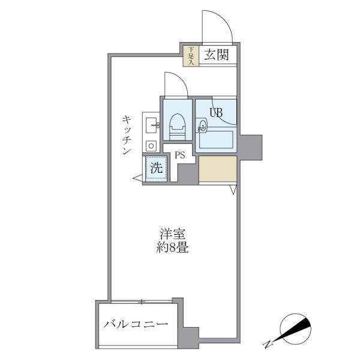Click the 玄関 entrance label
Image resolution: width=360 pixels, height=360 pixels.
215,56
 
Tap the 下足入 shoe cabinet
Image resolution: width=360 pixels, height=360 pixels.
191,55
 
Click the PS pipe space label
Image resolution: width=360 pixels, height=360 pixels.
179,155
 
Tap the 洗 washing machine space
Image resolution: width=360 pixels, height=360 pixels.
155,168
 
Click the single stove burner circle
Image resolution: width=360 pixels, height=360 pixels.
150,145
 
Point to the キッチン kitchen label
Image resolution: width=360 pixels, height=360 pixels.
127,136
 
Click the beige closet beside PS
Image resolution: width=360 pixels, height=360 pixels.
217,170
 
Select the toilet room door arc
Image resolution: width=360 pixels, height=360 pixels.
175,83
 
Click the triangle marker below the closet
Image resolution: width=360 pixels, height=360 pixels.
233,190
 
